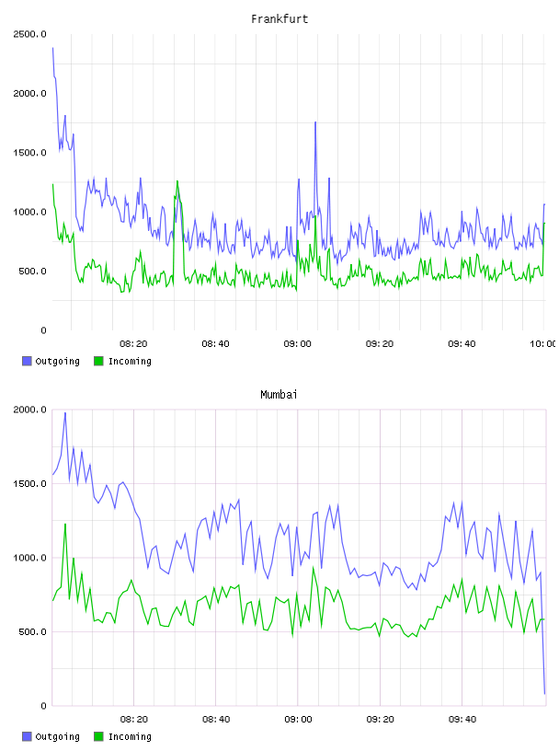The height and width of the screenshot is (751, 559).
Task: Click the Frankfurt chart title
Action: click(x=279, y=19)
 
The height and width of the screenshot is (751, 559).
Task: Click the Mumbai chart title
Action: click(x=279, y=395)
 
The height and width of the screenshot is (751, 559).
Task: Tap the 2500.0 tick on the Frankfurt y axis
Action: click(x=29, y=34)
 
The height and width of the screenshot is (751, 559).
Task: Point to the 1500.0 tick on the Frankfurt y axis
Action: click(x=29, y=153)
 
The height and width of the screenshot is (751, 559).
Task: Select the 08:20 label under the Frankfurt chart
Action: click(x=133, y=344)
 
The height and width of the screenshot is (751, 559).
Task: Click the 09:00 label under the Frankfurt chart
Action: click(x=298, y=344)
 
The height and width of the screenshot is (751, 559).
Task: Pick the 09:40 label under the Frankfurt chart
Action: click(x=462, y=344)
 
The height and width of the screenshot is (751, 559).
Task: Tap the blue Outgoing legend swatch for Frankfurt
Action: click(x=27, y=361)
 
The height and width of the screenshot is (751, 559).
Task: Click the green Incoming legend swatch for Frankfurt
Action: click(x=98, y=361)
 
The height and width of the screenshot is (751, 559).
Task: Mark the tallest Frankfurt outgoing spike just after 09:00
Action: click(x=315, y=122)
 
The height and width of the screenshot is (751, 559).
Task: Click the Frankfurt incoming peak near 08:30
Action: click(x=177, y=181)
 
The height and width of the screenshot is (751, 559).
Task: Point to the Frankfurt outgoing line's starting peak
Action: click(x=52, y=48)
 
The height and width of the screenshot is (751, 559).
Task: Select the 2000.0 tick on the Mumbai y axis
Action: click(x=29, y=410)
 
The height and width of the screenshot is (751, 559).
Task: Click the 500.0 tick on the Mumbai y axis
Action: click(x=32, y=631)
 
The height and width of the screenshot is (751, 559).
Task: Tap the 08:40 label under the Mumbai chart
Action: click(x=216, y=720)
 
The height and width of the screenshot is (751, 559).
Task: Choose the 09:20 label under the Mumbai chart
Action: click(x=380, y=720)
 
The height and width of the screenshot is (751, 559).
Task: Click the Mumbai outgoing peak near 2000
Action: click(x=65, y=413)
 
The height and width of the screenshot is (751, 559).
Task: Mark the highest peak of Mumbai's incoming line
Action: click(x=65, y=525)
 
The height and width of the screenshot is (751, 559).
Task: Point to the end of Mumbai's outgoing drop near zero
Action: click(x=544, y=693)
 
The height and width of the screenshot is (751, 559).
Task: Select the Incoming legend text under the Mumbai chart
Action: click(x=130, y=736)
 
